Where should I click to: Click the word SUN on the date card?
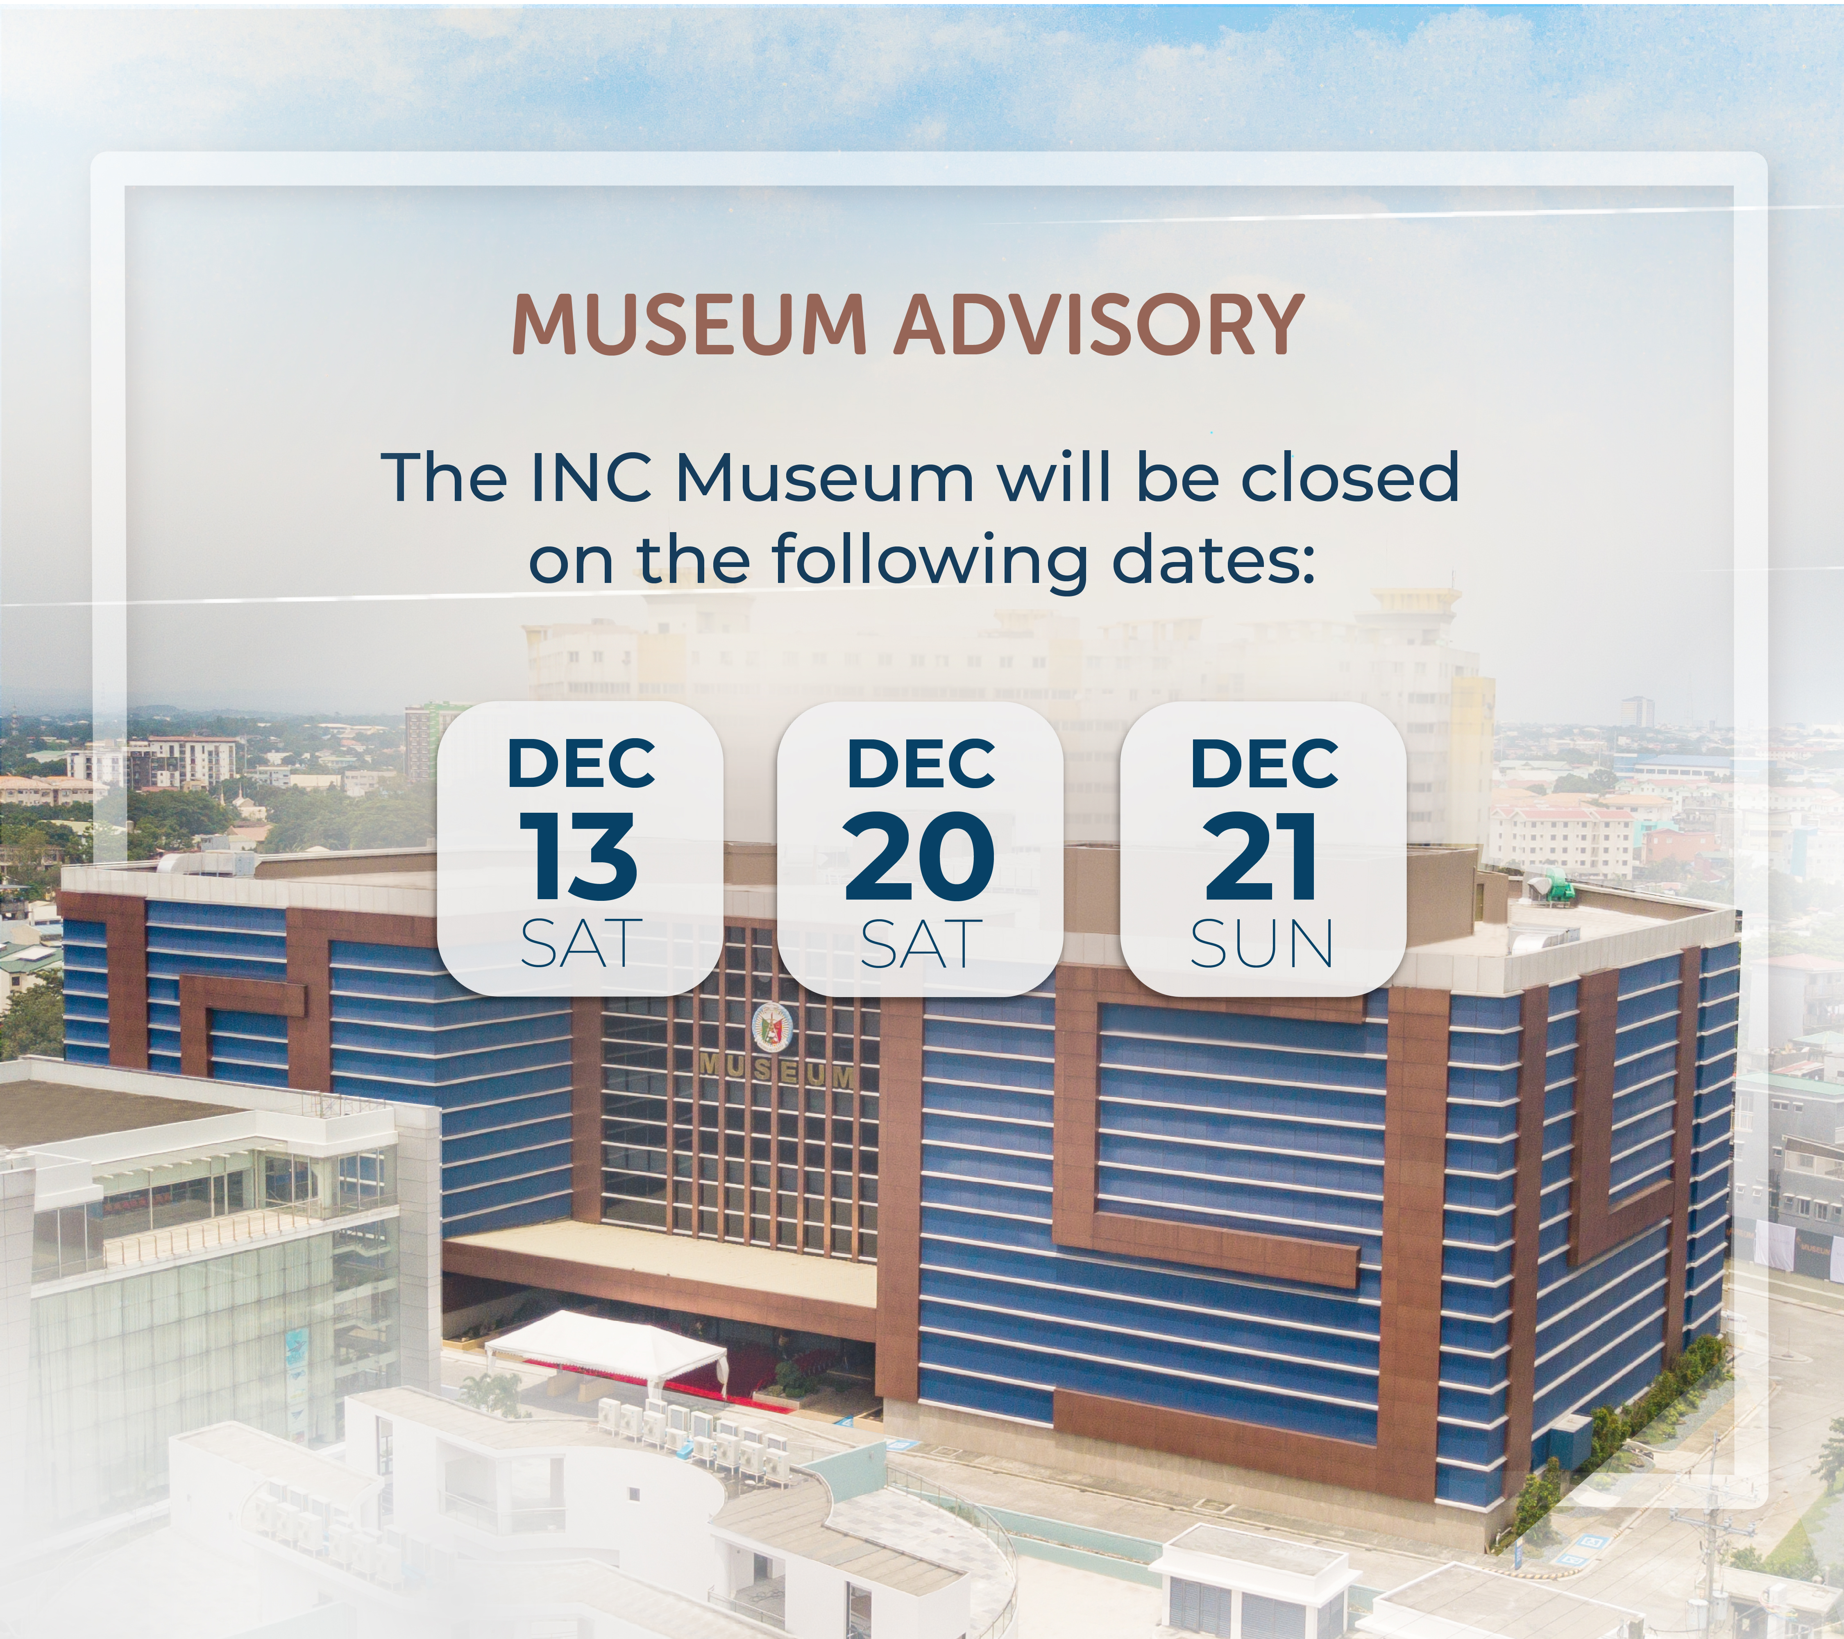click(x=1261, y=944)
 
